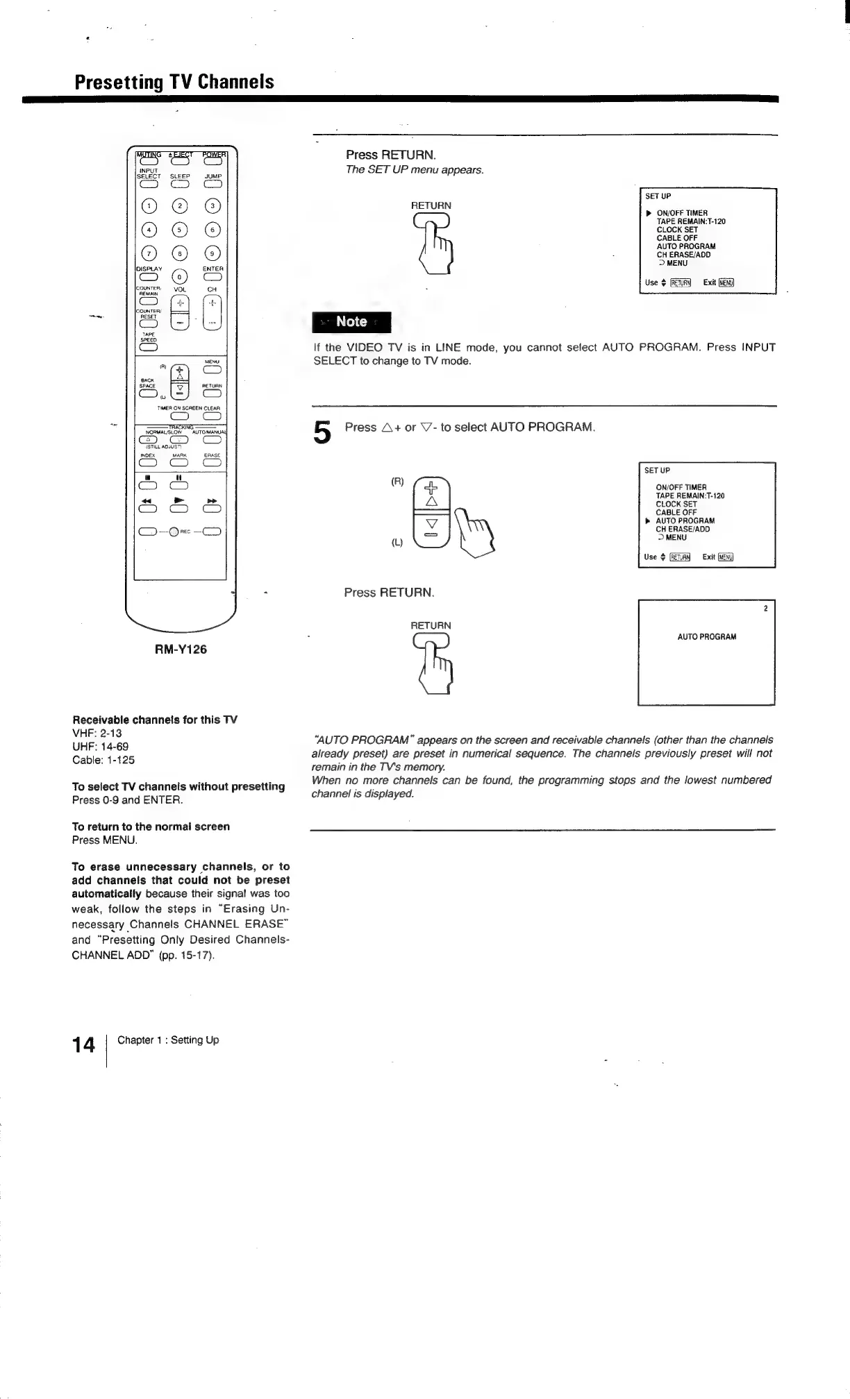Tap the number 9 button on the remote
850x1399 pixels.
coord(212,253)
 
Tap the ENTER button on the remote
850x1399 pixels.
coord(212,278)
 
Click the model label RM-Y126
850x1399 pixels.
coord(181,650)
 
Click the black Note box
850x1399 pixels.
coord(352,322)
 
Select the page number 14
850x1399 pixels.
coord(83,1044)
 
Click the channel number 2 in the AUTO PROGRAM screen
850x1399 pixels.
coord(765,609)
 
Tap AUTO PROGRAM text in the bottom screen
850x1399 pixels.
coord(707,637)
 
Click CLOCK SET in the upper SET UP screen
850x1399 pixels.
coord(677,230)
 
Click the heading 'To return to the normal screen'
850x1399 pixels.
coord(151,826)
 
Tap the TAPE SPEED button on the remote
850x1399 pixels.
coord(149,348)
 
